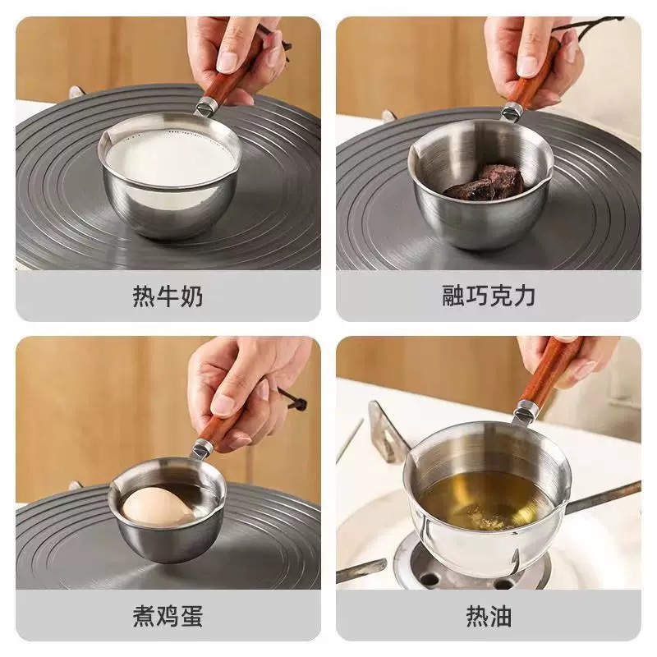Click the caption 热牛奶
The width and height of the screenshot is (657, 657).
168,296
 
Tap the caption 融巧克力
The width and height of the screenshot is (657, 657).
489,296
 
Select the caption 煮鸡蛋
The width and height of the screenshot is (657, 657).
168,617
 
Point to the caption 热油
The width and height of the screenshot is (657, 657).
489,617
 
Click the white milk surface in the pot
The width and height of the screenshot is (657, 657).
170,158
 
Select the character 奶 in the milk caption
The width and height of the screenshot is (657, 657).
191,296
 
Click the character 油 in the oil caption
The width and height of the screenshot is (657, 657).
501,617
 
